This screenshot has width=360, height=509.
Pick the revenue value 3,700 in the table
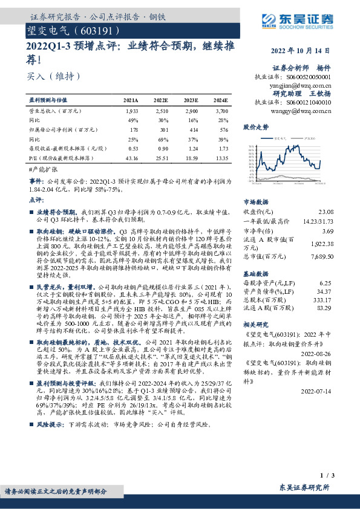click(x=221, y=112)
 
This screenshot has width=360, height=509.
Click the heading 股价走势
click(x=255, y=128)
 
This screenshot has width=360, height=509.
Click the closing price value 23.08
click(x=325, y=211)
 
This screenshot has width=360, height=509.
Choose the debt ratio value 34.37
click(x=325, y=291)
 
